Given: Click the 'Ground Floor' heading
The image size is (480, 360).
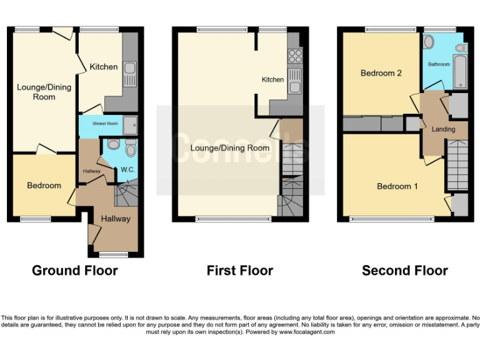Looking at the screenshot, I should click(x=75, y=271).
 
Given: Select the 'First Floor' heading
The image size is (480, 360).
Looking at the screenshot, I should click(x=240, y=271).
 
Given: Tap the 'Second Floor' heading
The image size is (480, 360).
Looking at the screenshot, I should click(x=405, y=271).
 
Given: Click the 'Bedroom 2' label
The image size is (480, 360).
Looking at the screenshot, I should click(x=381, y=73).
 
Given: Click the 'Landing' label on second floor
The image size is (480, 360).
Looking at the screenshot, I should click(x=444, y=129).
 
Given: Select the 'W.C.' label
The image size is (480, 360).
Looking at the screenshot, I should click(x=128, y=169).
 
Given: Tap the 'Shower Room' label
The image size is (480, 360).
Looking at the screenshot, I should click(x=105, y=124).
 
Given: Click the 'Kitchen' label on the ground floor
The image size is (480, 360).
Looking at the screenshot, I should click(x=103, y=67).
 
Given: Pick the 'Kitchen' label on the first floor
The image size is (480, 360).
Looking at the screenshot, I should click(x=272, y=79).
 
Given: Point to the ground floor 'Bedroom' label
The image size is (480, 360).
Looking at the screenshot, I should click(x=44, y=186).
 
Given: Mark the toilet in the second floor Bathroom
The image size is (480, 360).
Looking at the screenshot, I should click(x=429, y=42).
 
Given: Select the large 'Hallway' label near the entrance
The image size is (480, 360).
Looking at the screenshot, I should click(x=116, y=219).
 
